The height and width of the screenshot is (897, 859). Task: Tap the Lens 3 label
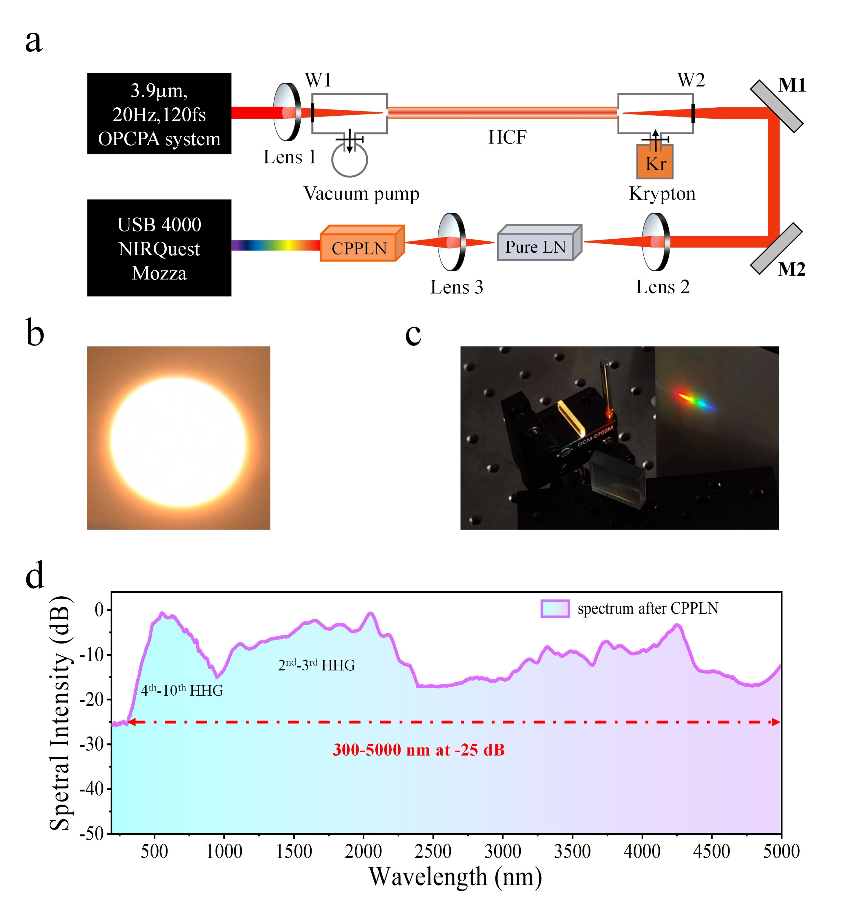click(x=456, y=287)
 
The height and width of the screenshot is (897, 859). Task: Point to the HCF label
click(x=507, y=137)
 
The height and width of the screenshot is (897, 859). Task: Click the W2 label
click(x=691, y=81)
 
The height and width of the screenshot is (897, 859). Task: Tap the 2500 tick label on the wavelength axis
click(x=433, y=852)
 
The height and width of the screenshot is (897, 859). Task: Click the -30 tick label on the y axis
click(x=92, y=745)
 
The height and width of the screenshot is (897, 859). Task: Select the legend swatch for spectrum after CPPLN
click(x=555, y=609)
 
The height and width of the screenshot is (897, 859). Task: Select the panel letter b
click(x=35, y=333)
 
